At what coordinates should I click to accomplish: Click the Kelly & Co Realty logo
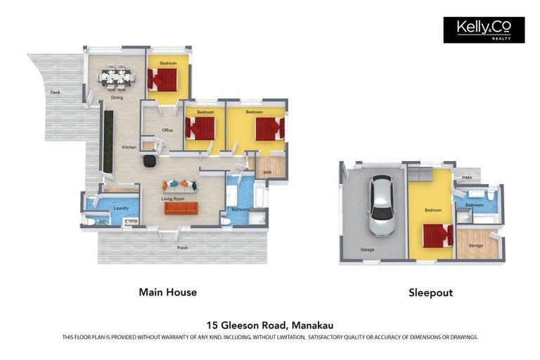[484, 30]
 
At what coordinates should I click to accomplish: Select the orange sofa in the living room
[181, 208]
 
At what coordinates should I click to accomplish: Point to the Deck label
[54, 92]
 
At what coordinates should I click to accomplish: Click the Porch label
[182, 247]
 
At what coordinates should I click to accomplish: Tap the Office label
[167, 130]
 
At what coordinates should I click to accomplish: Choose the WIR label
[267, 172]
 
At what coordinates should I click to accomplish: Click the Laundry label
[120, 208]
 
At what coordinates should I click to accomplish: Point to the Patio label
[467, 178]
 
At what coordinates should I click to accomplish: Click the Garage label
[366, 249]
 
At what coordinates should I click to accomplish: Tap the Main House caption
[167, 292]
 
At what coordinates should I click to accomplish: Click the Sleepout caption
[430, 292]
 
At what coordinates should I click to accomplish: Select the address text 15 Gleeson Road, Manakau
[270, 325]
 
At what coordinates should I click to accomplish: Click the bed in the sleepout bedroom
[437, 235]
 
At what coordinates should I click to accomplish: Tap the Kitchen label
[129, 147]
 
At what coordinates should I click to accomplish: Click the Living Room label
[173, 199]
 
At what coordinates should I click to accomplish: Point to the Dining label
[117, 98]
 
